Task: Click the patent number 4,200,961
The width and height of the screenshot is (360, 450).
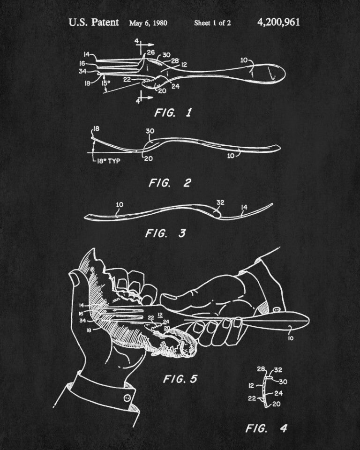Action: tap(278, 22)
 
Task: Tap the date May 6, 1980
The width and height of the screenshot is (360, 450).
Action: tap(148, 23)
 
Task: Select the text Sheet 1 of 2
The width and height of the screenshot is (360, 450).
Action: tap(212, 23)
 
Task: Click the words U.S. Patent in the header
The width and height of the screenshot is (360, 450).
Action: tap(94, 22)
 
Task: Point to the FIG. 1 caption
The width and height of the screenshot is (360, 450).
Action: tap(173, 112)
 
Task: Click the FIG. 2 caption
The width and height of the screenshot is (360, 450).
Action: tap(170, 183)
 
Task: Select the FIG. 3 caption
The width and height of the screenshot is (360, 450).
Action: tap(165, 233)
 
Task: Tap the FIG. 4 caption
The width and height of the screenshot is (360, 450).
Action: tap(266, 428)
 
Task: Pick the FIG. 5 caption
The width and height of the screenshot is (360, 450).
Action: tap(180, 379)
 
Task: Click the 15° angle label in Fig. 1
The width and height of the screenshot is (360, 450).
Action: tap(105, 83)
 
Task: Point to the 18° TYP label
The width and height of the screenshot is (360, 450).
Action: tap(108, 161)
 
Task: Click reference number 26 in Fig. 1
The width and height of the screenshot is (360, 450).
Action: tap(151, 52)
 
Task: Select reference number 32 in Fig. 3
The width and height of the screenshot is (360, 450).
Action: tap(220, 202)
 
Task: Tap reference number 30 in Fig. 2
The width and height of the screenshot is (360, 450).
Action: tap(150, 131)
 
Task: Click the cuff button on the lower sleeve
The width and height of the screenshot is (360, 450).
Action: tap(127, 398)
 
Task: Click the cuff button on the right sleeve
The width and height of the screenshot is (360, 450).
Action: tap(277, 310)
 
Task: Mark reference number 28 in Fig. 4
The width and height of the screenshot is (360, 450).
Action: tap(261, 369)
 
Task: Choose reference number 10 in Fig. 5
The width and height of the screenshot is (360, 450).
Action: tap(291, 338)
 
